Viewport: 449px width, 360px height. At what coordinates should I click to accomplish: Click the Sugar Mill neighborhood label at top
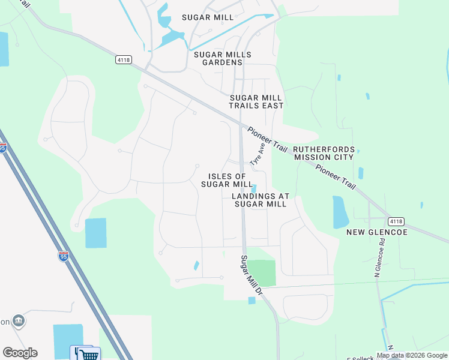point(207,17)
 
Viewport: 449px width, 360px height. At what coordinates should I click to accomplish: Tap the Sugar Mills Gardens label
point(218,58)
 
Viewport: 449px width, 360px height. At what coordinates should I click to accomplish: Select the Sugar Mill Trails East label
point(256,101)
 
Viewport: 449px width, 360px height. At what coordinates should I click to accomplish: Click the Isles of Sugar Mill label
point(227,180)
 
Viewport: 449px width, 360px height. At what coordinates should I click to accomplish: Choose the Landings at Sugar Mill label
point(261,200)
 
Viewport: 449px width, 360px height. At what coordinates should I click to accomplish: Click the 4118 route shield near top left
point(124,60)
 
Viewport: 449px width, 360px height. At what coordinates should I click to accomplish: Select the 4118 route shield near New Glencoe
point(396,221)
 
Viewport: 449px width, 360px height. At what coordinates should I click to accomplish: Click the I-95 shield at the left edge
point(3,147)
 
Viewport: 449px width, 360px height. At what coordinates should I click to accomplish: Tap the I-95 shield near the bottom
point(64,256)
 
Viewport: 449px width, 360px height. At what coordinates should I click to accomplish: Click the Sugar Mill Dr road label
point(252,274)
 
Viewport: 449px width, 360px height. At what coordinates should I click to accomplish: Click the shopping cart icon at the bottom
point(89,355)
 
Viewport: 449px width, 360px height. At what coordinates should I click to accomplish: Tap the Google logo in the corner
point(20,353)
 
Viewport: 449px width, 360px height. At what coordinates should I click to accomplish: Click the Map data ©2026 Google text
point(411,355)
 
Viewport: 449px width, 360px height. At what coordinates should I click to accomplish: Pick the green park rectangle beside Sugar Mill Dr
point(262,273)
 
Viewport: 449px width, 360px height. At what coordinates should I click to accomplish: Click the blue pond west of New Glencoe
point(340,212)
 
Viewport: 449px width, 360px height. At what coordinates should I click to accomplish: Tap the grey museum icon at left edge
point(19,321)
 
